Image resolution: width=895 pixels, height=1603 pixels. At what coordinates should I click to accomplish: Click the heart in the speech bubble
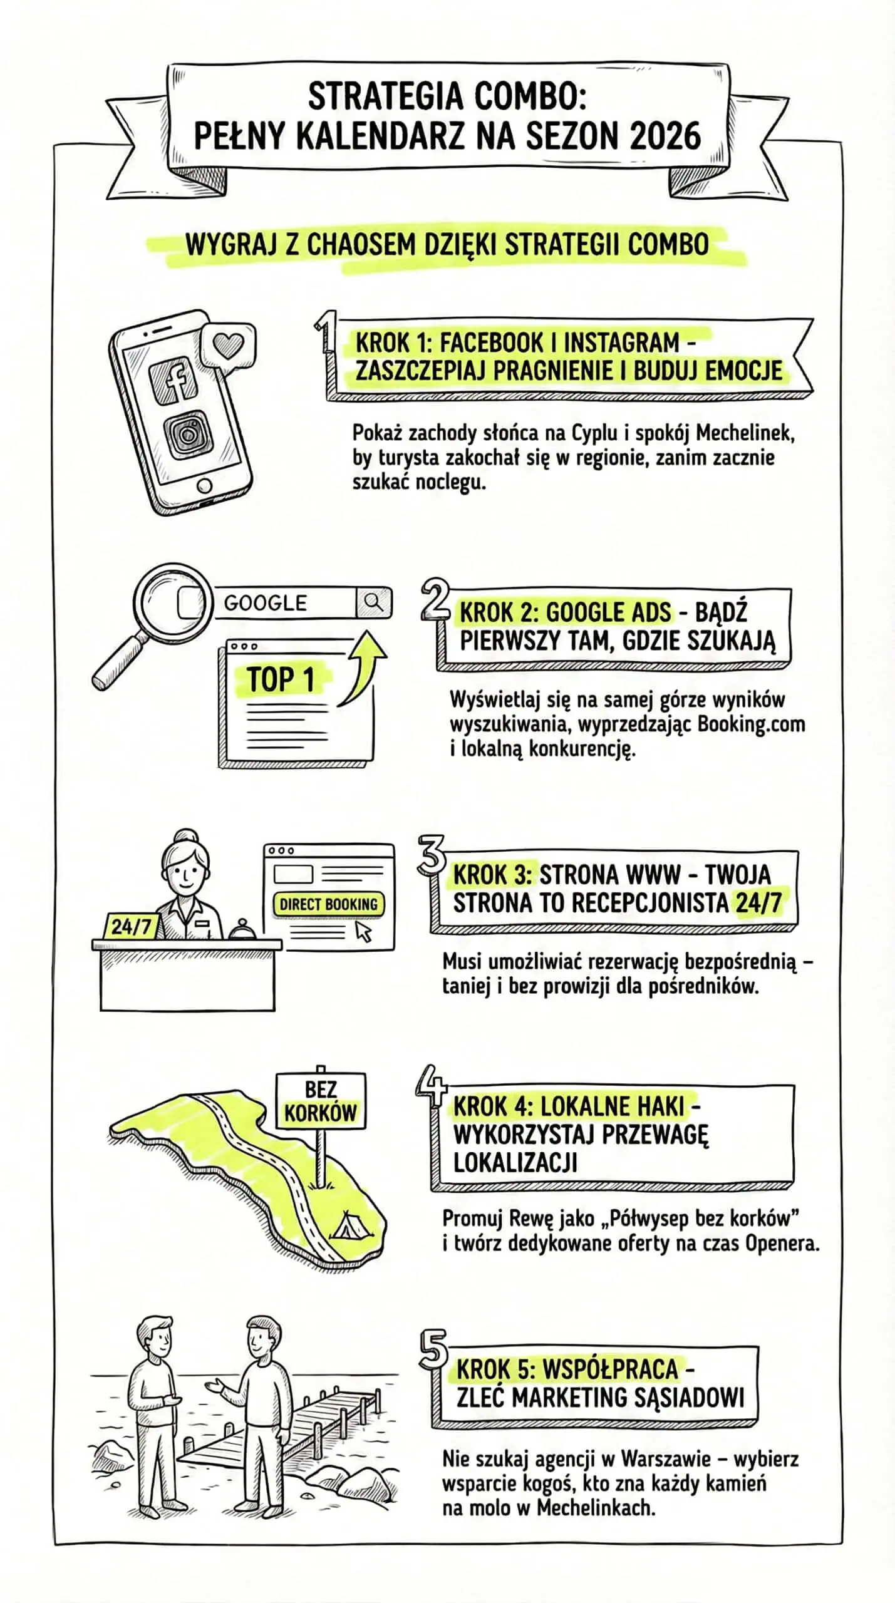(x=227, y=345)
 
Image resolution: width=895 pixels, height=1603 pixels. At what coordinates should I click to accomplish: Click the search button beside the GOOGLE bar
(x=374, y=602)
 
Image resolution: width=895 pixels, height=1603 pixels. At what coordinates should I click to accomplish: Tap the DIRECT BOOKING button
(x=328, y=904)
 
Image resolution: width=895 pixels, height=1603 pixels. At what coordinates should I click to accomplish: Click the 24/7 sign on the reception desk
(x=131, y=926)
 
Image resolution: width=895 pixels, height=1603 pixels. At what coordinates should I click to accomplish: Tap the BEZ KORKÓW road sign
(x=321, y=1101)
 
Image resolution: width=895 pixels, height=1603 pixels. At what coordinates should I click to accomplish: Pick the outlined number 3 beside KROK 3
(x=432, y=855)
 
